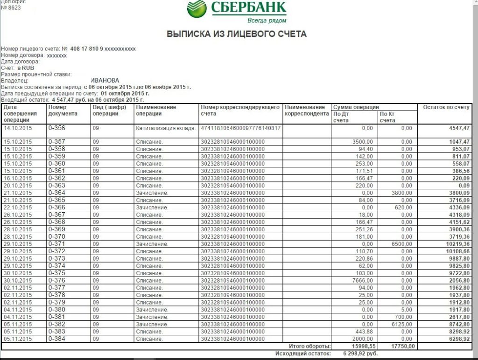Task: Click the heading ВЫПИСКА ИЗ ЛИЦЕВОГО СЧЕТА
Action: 237,34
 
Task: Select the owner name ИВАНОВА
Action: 105,81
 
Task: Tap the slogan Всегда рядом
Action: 267,21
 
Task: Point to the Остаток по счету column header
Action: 446,108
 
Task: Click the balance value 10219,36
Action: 457,244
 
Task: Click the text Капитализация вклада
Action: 166,128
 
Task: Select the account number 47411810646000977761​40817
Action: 240,128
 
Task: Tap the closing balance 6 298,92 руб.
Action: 360,353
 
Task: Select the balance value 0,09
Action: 463,185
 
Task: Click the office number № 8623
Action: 11,8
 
